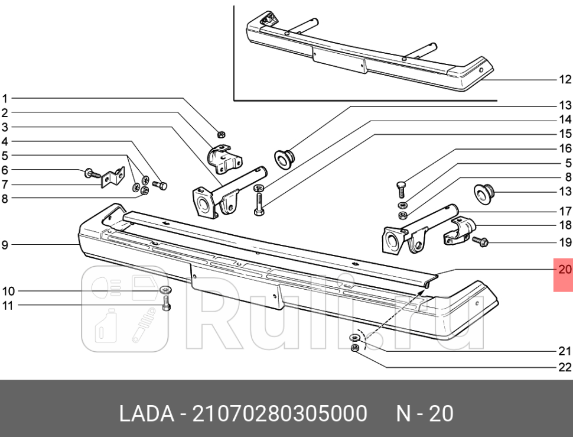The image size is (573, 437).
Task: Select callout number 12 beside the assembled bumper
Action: click(565, 79)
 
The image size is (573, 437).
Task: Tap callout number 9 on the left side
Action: click(5, 244)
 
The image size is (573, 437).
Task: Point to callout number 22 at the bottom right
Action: click(565, 367)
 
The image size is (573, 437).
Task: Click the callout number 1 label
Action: click(5, 98)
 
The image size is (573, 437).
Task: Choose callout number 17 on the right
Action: click(565, 211)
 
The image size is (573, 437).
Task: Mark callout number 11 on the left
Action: click(8, 305)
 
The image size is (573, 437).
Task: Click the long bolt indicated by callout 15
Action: click(259, 202)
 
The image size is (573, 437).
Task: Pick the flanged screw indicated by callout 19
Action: click(480, 242)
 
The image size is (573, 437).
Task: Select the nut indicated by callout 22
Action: click(355, 349)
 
